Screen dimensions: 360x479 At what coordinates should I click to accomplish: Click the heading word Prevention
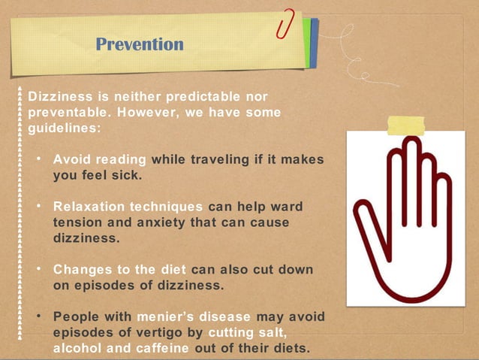coord(140,44)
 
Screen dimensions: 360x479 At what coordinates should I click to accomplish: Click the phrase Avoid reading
coord(99,159)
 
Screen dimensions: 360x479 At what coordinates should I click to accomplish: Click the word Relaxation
coord(88,207)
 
